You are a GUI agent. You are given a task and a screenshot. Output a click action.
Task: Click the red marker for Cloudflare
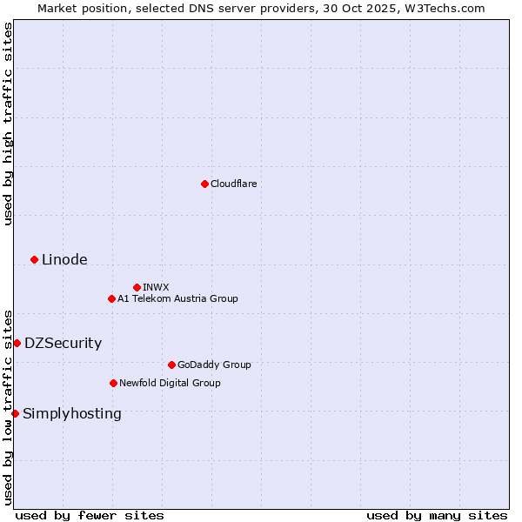click(x=204, y=184)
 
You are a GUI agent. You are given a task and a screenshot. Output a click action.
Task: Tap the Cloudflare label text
click(x=233, y=184)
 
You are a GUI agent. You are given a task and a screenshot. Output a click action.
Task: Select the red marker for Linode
click(x=34, y=259)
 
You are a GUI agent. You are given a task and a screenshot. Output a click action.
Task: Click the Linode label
click(x=64, y=259)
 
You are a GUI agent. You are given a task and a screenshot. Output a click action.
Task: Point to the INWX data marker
click(x=137, y=287)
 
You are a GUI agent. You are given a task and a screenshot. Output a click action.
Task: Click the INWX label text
click(x=156, y=287)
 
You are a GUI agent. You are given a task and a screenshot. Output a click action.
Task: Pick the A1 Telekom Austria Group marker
click(x=111, y=298)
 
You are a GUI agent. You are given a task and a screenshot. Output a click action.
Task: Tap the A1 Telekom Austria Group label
click(x=177, y=298)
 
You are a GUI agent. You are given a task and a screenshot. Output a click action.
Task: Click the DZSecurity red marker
click(x=17, y=343)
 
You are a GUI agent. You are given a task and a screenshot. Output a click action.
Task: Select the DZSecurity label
click(x=63, y=343)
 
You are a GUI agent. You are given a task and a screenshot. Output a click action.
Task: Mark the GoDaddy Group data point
click(x=171, y=365)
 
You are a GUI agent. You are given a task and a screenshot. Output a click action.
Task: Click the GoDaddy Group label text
click(x=214, y=365)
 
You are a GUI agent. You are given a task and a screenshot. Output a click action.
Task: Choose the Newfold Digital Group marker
click(x=113, y=383)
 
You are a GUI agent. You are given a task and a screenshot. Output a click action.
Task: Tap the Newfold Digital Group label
click(x=170, y=383)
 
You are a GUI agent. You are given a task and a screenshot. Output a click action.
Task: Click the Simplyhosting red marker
click(x=15, y=413)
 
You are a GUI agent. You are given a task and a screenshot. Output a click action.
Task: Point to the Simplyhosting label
click(x=72, y=413)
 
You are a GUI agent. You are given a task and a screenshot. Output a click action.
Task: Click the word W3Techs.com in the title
click(x=450, y=8)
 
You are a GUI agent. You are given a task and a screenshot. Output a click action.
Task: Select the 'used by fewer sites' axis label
click(x=90, y=515)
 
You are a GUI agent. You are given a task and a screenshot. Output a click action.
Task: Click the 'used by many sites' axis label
click(x=437, y=515)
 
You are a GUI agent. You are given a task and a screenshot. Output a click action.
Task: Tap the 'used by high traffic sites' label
click(x=8, y=124)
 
